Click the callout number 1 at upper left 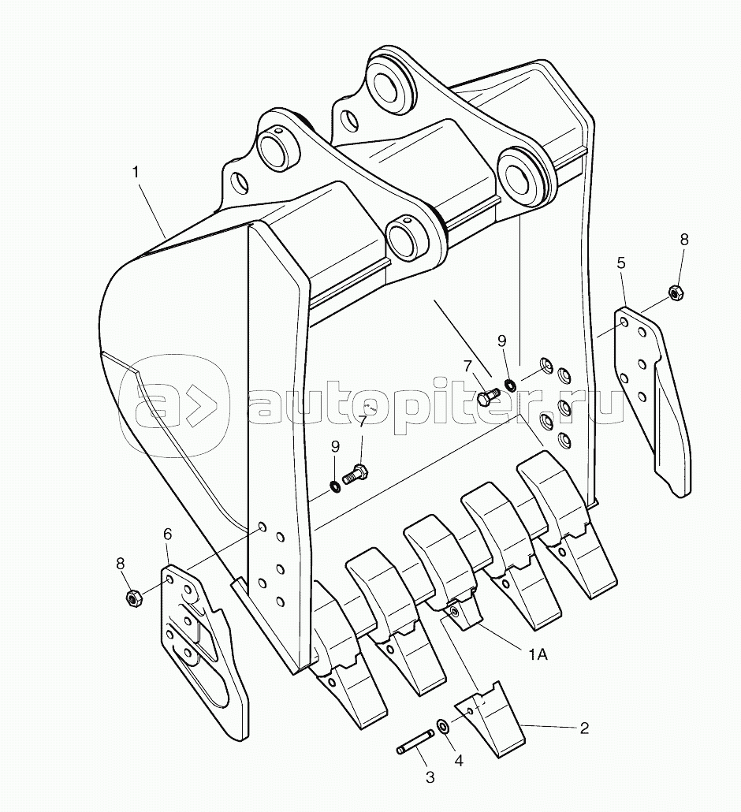pos(136,172)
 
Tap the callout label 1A pos(538,654)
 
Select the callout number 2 pos(584,728)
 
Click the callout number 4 pos(459,760)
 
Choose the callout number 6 pos(168,549)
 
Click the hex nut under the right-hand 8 pos(676,293)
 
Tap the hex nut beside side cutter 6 pos(134,598)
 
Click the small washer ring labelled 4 pos(443,726)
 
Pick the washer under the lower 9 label pos(335,486)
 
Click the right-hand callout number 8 pos(684,239)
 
